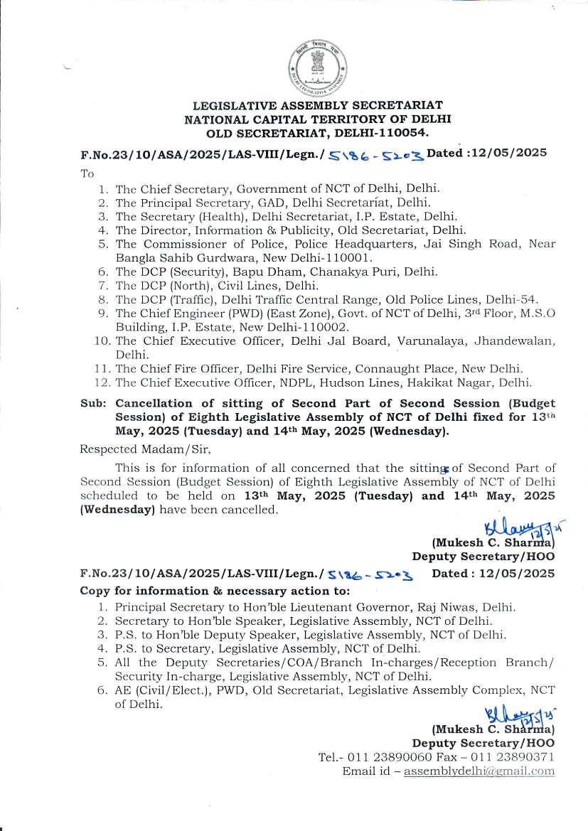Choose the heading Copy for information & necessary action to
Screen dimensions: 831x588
pyautogui.click(x=214, y=591)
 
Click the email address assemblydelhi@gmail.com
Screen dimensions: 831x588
pyautogui.click(x=479, y=771)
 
